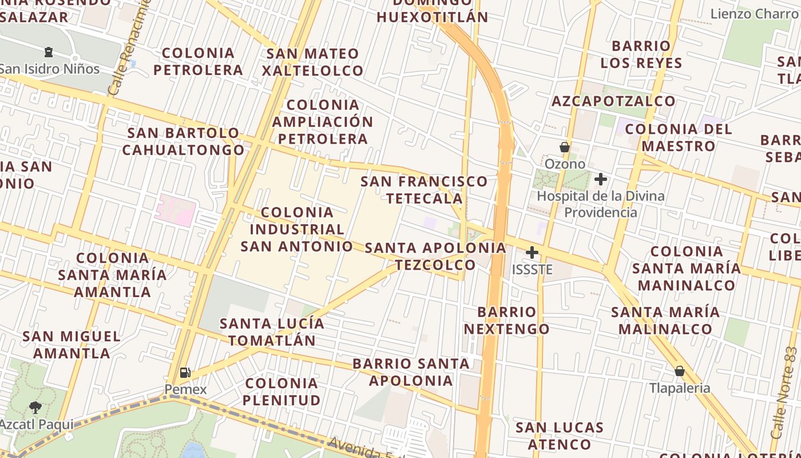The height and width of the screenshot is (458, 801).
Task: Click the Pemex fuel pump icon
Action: tap(185, 373)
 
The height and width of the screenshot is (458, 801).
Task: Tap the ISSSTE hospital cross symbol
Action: tap(532, 252)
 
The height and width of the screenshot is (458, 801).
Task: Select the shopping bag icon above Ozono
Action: tap(565, 147)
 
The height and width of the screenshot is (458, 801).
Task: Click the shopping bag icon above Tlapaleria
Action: tap(679, 371)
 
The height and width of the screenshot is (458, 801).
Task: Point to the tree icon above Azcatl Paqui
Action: tap(35, 408)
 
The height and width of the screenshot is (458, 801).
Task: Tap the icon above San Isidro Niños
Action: tap(49, 53)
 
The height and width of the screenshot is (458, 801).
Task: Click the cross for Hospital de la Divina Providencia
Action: tap(600, 179)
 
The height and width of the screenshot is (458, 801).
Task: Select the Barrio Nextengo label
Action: tap(506, 321)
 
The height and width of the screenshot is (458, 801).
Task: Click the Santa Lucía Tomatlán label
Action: tap(272, 332)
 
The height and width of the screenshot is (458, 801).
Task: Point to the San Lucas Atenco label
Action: tap(560, 436)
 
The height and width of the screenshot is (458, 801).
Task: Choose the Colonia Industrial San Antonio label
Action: tap(296, 230)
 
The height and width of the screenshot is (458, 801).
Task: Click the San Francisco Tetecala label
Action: tap(424, 190)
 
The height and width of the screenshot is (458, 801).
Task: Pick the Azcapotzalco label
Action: tap(613, 101)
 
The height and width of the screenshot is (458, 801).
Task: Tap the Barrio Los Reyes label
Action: tap(641, 54)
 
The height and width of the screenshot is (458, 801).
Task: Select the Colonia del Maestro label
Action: tap(679, 137)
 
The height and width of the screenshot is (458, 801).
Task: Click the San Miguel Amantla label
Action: tap(72, 345)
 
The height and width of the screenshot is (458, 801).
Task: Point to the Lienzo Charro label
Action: tap(754, 14)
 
